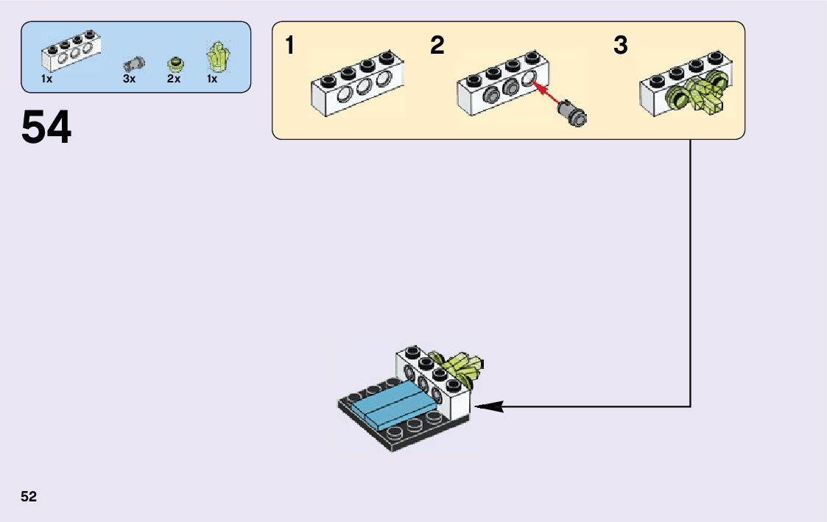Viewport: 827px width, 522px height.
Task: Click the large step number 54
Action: pos(46,127)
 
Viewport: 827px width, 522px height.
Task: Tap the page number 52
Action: pos(29,496)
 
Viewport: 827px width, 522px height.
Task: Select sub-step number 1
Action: pos(290,46)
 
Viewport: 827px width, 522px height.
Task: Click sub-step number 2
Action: pos(437,46)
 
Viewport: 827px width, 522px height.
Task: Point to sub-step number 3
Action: pos(621,46)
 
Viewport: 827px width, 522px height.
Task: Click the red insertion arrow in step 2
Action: pos(546,95)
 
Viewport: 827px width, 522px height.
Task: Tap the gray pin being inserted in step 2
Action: pos(572,113)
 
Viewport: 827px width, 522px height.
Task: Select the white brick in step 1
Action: pos(356,85)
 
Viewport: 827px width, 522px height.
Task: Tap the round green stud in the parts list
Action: pos(175,64)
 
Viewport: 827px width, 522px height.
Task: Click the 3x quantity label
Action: pos(130,79)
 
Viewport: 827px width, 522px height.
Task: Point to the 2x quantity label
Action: pos(174,79)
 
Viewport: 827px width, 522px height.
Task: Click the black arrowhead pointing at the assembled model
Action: pos(488,406)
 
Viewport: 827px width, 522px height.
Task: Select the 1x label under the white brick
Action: pos(46,79)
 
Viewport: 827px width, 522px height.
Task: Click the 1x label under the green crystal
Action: pos(212,79)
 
